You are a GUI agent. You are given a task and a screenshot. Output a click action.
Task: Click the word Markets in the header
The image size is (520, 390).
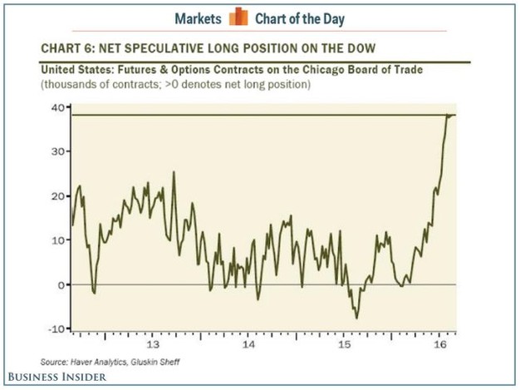pos(200,16)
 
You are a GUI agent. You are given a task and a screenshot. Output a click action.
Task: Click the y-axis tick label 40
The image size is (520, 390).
pos(58,107)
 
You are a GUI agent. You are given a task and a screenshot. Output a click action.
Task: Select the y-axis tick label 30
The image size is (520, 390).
pos(58,152)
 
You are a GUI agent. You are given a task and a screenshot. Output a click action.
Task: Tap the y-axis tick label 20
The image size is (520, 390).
pos(58,196)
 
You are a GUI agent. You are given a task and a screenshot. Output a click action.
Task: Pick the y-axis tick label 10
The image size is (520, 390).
pos(58,240)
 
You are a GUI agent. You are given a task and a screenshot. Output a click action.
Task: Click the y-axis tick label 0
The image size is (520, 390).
pos(61,285)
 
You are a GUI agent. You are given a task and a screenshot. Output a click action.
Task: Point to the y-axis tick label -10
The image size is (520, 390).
pos(56,329)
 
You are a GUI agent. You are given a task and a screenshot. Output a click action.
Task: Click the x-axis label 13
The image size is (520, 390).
pos(152,343)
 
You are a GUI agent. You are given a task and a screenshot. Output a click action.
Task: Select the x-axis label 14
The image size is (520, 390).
pos(248,343)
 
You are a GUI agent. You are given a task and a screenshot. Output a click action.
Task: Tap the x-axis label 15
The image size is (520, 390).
pos(345,343)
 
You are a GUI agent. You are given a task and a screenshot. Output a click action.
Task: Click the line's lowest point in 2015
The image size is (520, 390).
pos(357,318)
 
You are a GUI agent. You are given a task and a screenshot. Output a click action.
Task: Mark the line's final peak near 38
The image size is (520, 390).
pos(449,116)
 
